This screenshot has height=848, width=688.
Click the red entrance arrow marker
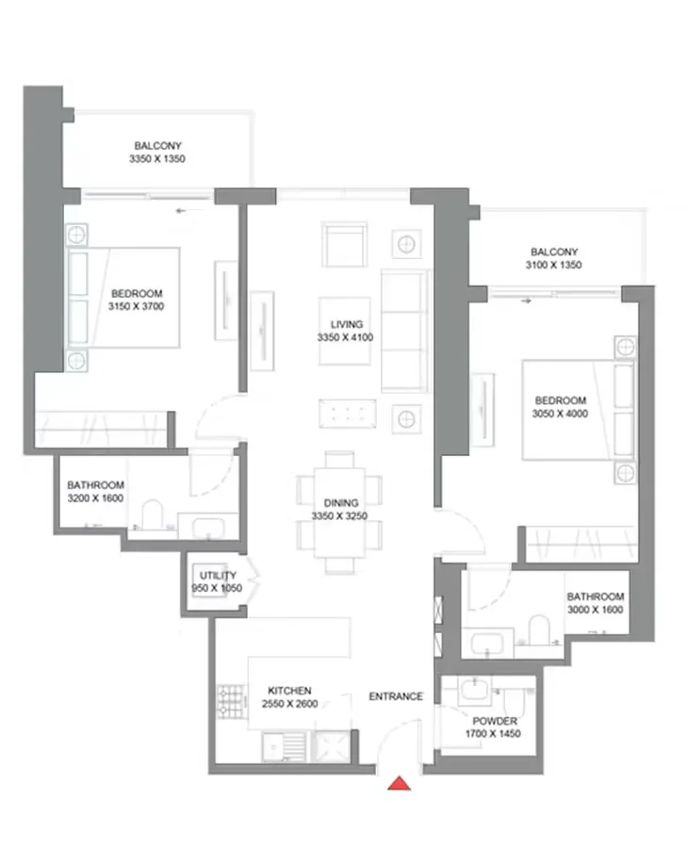click(401, 783)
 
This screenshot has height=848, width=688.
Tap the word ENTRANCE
click(395, 696)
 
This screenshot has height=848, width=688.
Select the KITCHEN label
click(289, 691)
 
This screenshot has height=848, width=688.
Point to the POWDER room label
click(495, 721)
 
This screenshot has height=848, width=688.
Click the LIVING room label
click(347, 324)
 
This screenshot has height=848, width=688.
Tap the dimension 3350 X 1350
click(157, 160)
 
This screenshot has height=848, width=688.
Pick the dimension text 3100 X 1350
click(553, 266)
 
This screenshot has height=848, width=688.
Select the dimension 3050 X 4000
click(558, 414)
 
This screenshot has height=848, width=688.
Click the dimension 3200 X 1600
click(95, 497)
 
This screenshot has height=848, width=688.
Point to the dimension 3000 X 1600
click(595, 611)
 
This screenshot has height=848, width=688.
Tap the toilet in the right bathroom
click(538, 633)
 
